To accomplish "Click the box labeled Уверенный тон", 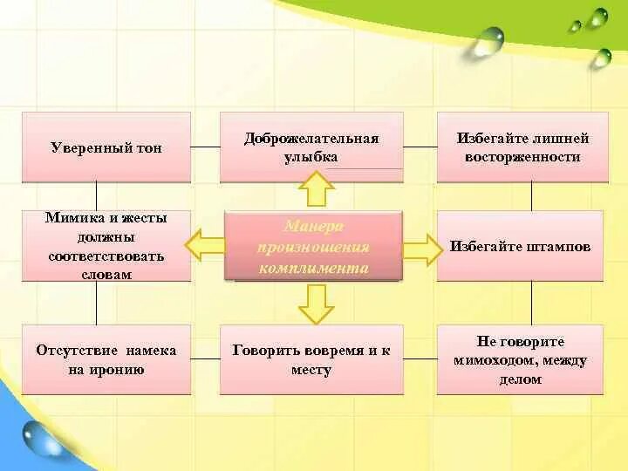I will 106,147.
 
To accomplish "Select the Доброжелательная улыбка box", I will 311,147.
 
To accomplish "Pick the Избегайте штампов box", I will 520,247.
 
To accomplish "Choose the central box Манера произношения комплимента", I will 313,247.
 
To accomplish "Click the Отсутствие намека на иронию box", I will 106,359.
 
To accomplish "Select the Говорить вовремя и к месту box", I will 311,359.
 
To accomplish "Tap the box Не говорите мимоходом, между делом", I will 520,359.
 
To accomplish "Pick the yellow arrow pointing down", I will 314,304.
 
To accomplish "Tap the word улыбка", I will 311,158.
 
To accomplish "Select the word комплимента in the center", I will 313,268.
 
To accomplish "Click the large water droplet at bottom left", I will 42,439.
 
